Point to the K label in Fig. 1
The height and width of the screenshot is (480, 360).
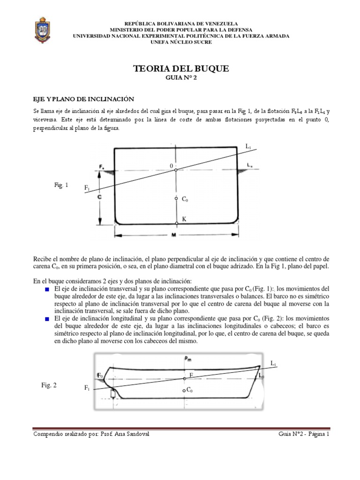click(x=184, y=219)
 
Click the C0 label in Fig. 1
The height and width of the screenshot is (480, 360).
click(x=185, y=200)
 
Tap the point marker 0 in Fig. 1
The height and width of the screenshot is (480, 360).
click(x=176, y=170)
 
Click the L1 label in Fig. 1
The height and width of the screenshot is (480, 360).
click(x=248, y=147)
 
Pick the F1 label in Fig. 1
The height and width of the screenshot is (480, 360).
click(x=87, y=188)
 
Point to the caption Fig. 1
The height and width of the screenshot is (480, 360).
click(x=61, y=186)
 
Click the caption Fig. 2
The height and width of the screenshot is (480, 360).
click(x=49, y=385)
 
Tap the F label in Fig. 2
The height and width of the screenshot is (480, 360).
click(x=191, y=375)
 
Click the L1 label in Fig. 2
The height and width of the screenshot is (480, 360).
click(x=274, y=363)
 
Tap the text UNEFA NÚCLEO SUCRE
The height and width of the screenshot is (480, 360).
click(x=181, y=42)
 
